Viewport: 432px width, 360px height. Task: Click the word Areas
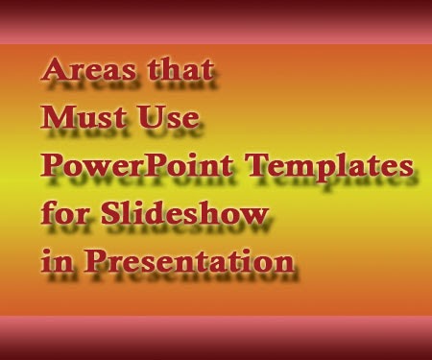point(88,69)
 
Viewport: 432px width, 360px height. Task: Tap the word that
point(180,68)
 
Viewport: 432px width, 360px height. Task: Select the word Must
point(84,117)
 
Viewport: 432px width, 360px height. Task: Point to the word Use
point(168,117)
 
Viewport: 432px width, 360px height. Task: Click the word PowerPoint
point(136,165)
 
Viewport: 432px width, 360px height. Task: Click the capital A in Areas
point(54,69)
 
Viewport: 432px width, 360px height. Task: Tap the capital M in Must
point(57,117)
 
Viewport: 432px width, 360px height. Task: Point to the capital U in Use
point(151,117)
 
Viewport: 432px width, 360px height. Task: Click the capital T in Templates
point(260,165)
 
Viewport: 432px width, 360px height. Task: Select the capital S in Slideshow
point(111,213)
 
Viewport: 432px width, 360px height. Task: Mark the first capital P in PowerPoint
point(51,165)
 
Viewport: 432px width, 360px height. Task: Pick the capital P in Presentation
point(95,261)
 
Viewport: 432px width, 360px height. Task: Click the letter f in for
point(47,212)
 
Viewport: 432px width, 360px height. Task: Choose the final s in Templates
point(407,168)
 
